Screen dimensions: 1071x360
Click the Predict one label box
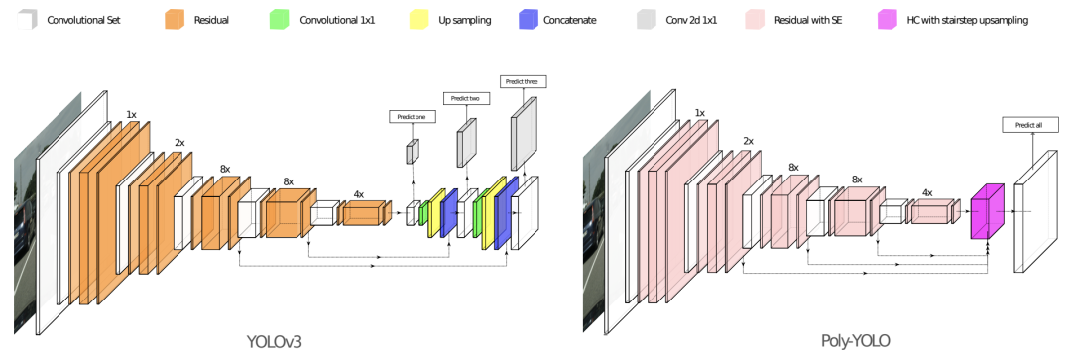click(412, 117)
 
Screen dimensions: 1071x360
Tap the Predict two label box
click(466, 98)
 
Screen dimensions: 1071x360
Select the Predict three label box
click(524, 81)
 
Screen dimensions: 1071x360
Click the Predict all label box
click(1030, 125)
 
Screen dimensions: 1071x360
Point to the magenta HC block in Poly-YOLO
click(987, 211)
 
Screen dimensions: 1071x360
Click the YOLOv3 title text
click(274, 339)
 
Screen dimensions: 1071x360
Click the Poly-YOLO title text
click(857, 339)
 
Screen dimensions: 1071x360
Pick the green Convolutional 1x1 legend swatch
click(280, 20)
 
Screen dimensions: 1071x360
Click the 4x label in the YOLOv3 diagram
click(359, 194)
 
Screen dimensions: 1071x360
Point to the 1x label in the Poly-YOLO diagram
click(699, 113)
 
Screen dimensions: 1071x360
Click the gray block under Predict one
click(413, 151)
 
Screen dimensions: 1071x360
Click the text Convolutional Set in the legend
click(83, 21)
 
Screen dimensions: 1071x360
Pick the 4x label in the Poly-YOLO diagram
click(927, 193)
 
